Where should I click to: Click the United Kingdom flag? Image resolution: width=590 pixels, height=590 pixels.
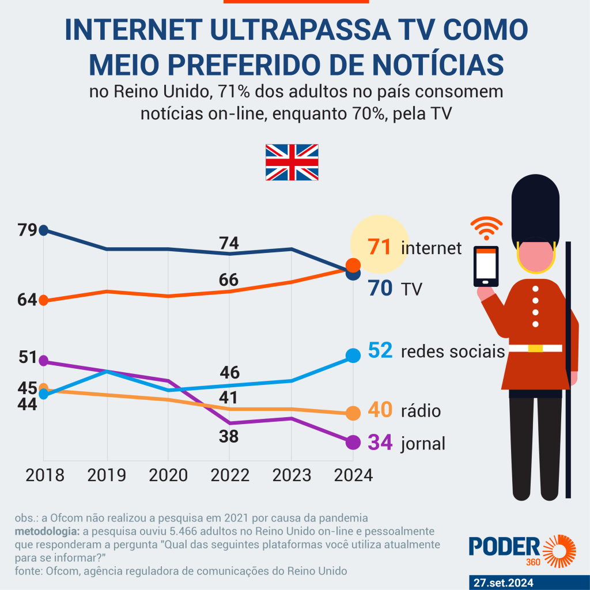click(292, 162)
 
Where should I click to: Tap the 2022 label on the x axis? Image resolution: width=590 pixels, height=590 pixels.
click(229, 475)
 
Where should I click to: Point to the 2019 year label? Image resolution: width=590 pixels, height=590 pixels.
click(107, 475)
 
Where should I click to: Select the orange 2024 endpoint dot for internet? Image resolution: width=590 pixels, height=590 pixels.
click(353, 265)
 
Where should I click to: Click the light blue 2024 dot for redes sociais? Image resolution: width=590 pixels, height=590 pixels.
click(353, 355)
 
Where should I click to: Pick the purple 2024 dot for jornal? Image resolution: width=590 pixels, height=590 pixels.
click(353, 442)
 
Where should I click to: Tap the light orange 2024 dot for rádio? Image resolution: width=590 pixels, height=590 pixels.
click(353, 413)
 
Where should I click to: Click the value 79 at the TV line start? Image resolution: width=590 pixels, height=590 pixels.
click(27, 230)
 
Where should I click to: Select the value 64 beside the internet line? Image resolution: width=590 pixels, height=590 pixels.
click(27, 300)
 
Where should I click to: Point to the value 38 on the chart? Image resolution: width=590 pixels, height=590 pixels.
click(229, 437)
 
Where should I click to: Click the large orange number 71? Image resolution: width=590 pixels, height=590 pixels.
click(380, 248)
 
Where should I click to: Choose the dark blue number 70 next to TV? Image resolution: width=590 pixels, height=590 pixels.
click(380, 288)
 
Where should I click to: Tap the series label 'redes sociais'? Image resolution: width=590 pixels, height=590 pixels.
click(453, 351)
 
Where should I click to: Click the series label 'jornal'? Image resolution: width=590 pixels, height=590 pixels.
click(423, 444)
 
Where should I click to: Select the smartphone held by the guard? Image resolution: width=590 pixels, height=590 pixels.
click(486, 266)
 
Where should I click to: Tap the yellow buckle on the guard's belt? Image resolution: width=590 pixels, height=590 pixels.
click(535, 348)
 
